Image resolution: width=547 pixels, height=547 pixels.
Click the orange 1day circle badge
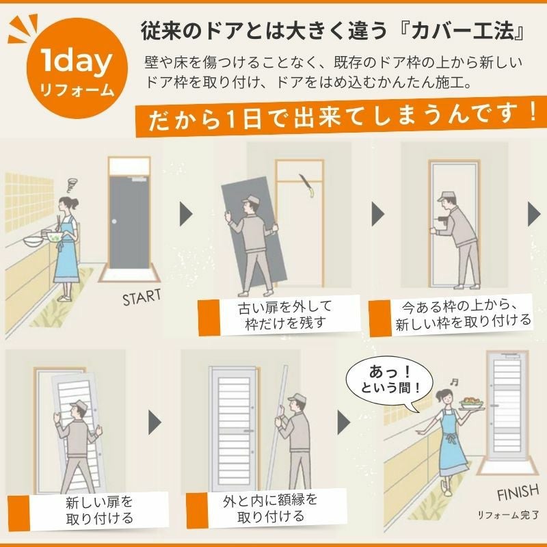coord(77,68)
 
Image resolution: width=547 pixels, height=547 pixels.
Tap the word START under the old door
coord(142,297)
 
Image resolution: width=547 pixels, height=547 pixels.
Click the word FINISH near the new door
coord(518,492)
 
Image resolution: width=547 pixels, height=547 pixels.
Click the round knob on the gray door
coord(114,222)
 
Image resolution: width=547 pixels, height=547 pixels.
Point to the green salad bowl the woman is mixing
coord(54,237)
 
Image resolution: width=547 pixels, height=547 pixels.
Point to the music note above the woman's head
coord(454,382)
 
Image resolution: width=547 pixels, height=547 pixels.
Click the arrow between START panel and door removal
coord(186,214)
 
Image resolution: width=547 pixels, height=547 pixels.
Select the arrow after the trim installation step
coord(343,423)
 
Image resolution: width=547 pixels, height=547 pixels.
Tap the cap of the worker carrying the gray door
coord(251,200)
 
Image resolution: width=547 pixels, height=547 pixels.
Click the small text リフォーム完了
coord(508,515)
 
